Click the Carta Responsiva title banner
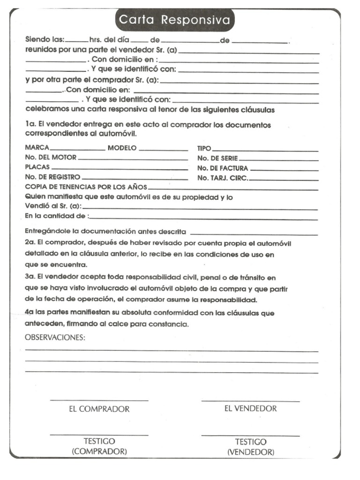coord(174,20)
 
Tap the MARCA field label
coord(37,148)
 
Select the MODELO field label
coord(122,148)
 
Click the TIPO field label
coord(204,148)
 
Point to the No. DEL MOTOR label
coord(51,157)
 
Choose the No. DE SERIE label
coord(217,158)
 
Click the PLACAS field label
coord(37,167)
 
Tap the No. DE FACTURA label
coord(223,168)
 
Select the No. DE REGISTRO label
coord(53,177)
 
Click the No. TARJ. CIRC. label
coord(223,178)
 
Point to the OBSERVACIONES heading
coord(55,337)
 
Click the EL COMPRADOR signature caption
coord(99,409)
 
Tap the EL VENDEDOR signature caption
coord(250,408)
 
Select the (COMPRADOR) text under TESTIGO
coord(99,451)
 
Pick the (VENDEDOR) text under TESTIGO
coord(251,452)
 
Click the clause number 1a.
coord(30,125)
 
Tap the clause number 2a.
coord(30,243)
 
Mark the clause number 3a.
coord(30,277)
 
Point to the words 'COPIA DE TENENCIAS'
coord(60,187)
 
